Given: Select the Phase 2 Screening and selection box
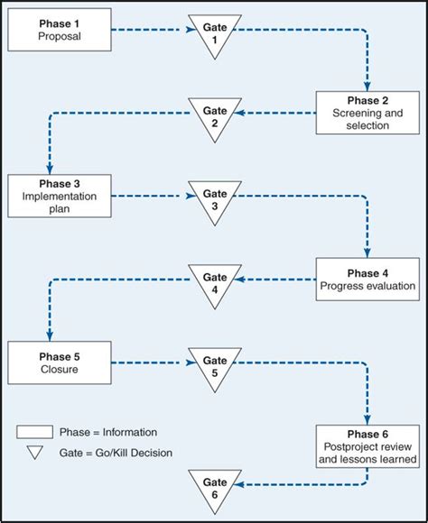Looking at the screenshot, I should pos(368,113).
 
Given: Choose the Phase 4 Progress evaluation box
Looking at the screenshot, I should pos(368,280).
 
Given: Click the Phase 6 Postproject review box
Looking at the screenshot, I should pos(368,445).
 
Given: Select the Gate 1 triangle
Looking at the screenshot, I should pos(214,34).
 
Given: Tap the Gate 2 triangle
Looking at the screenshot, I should pos(214,116).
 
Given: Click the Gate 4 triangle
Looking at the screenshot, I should pos(214,283).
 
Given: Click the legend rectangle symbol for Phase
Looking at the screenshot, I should pos(36,431).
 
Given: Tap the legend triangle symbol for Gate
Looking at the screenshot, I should pos(36,453).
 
